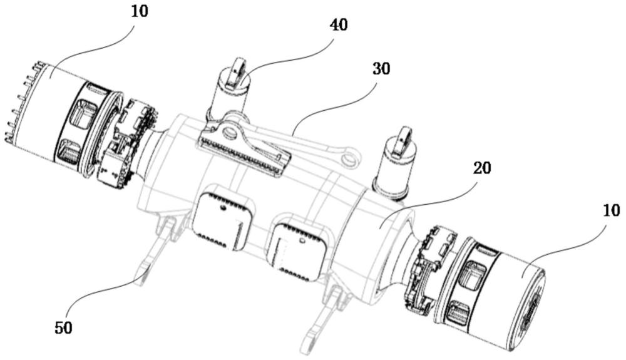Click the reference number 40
[x=339, y=25]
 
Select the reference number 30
[x=381, y=69]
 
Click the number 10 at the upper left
[x=139, y=11]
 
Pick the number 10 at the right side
[x=611, y=210]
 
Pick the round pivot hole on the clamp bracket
[x=230, y=132]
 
